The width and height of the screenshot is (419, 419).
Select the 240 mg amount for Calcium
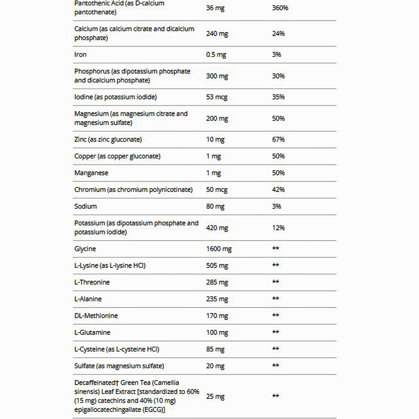(x=217, y=34)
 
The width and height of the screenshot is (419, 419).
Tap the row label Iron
(x=81, y=54)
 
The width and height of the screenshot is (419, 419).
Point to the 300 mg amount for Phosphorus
(x=217, y=76)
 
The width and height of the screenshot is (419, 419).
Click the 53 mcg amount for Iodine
(x=217, y=97)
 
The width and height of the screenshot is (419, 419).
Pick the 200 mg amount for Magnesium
(x=217, y=119)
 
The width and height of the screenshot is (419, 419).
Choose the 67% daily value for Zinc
(x=278, y=140)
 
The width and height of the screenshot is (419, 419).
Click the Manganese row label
(x=91, y=173)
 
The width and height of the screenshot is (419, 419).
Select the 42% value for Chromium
(x=278, y=190)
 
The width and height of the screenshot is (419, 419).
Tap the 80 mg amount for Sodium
(x=215, y=207)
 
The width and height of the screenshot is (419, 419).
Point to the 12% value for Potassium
(x=278, y=228)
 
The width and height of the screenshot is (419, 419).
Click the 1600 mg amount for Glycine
(x=219, y=249)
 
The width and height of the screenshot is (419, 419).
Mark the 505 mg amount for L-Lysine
(x=217, y=266)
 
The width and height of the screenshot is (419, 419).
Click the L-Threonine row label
(x=92, y=282)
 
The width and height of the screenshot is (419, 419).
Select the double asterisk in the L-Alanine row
(x=276, y=299)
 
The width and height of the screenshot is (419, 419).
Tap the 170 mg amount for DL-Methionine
(x=217, y=316)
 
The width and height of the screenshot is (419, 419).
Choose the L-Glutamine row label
(x=92, y=333)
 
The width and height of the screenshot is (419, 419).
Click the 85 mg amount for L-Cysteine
(x=215, y=349)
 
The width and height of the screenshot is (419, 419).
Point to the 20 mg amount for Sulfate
(x=215, y=366)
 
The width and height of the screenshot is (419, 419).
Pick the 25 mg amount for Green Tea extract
(x=215, y=396)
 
